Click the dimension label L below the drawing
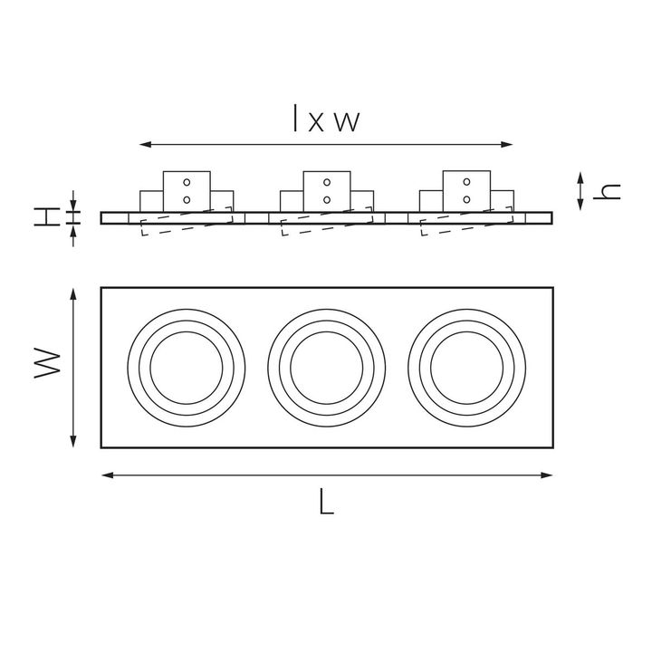[326, 502]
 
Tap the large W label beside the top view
[47, 363]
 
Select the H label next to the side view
[47, 217]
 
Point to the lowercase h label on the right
[607, 191]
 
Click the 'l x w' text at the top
[326, 119]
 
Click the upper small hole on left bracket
[187, 182]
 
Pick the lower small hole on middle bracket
[327, 200]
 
